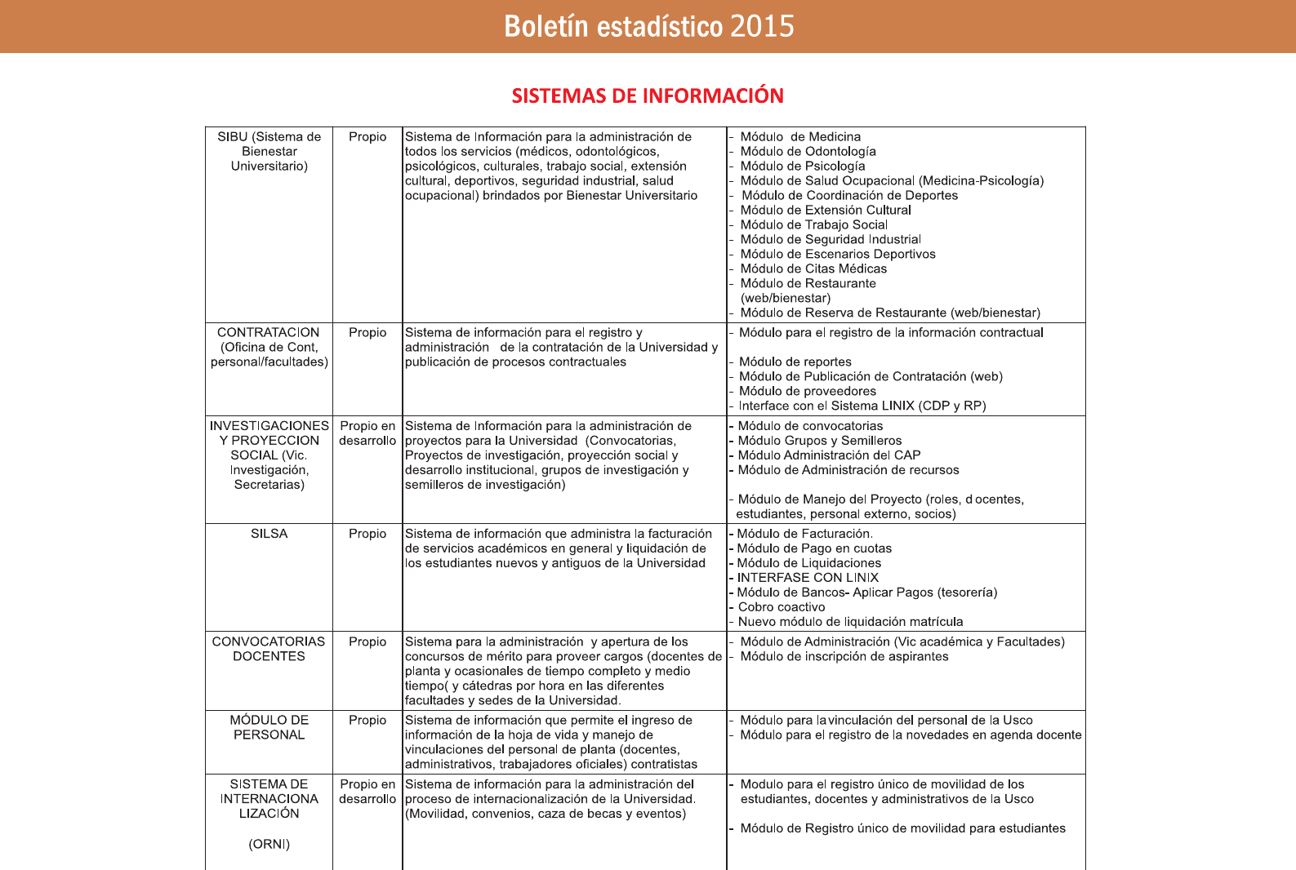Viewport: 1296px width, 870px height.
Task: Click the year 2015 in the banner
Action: (x=762, y=27)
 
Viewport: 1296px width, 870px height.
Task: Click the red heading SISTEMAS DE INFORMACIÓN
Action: (x=648, y=96)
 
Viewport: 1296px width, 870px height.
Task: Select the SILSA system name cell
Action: (x=269, y=534)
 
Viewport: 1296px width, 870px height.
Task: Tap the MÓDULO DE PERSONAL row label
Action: (x=269, y=727)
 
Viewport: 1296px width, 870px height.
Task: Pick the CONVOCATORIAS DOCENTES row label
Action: (x=269, y=649)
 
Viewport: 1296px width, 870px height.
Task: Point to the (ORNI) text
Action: (x=269, y=844)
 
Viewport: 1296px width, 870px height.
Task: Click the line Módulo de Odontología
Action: (x=808, y=152)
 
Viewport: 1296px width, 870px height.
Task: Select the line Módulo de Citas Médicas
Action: (x=813, y=269)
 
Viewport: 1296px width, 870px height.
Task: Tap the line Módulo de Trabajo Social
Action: (x=813, y=225)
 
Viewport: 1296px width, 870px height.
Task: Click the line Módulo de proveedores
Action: (x=807, y=392)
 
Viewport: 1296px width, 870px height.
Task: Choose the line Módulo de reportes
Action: (x=795, y=362)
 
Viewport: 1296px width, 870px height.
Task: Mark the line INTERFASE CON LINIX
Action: (x=808, y=578)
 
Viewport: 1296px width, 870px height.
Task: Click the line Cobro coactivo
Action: (x=782, y=607)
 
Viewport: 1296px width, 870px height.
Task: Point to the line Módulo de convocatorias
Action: (x=810, y=426)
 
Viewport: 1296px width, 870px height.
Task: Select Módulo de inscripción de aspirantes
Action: (x=844, y=657)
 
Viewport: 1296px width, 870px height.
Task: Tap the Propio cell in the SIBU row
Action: (x=367, y=137)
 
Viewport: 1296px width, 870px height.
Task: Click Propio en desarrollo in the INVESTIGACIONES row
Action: (x=367, y=433)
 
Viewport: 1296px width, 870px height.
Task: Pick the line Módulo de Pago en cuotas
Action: (x=814, y=548)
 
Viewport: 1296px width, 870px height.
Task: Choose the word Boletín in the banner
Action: (x=546, y=27)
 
